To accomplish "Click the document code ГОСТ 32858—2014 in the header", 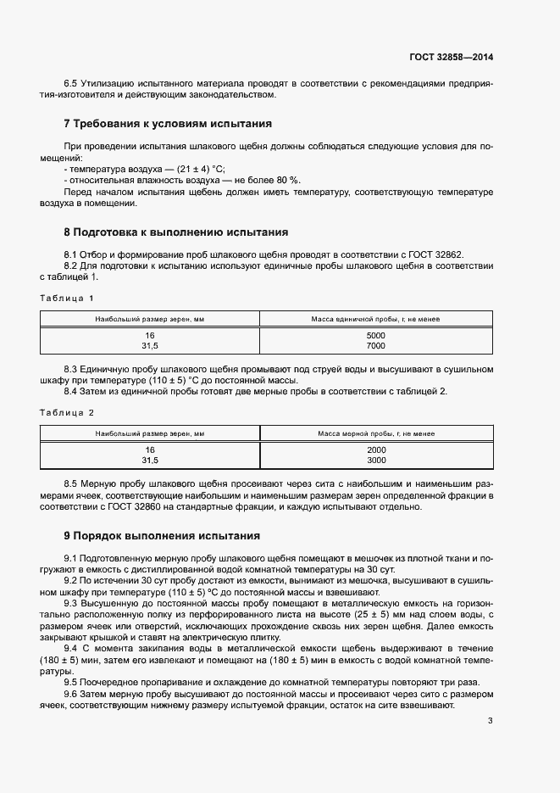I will pyautogui.click(x=452, y=57).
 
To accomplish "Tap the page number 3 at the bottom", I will pyautogui.click(x=490, y=722).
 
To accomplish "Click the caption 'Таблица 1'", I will pyautogui.click(x=67, y=298).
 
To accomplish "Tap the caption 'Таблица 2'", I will pyautogui.click(x=67, y=412).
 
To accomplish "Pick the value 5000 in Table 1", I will pyautogui.click(x=376, y=336).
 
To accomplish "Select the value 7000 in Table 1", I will pyautogui.click(x=376, y=346).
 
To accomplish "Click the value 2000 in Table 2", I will pyautogui.click(x=376, y=450).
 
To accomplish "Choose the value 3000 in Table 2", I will pyautogui.click(x=376, y=461).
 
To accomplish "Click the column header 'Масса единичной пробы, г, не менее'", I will pyautogui.click(x=376, y=320).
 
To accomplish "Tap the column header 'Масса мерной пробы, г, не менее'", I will pyautogui.click(x=376, y=433).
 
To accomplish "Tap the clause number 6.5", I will pyautogui.click(x=71, y=83).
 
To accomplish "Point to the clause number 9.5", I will pyautogui.click(x=71, y=681).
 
